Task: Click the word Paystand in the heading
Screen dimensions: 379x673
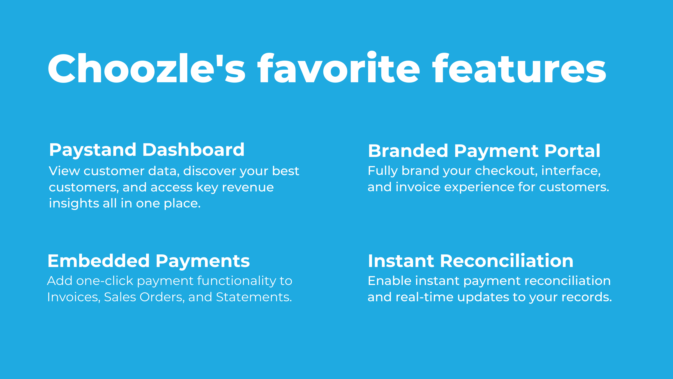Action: click(93, 150)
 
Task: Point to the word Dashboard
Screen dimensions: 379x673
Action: click(193, 150)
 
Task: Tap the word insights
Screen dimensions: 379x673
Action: click(74, 204)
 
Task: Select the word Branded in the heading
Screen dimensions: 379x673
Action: click(408, 151)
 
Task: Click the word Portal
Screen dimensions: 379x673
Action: click(572, 151)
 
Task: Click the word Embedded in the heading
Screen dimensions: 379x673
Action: click(98, 261)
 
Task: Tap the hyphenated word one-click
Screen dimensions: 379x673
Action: click(105, 281)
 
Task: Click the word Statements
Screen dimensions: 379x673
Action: click(254, 297)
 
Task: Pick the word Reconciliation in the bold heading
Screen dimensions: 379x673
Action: click(506, 261)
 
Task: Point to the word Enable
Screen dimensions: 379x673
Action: click(389, 281)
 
